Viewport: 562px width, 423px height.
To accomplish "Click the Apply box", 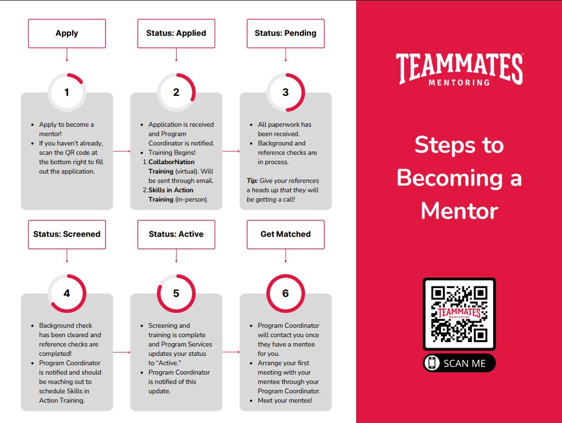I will (x=67, y=33).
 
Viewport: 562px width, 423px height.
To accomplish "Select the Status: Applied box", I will (x=176, y=33).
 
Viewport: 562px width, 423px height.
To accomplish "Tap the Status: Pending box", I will (x=285, y=33).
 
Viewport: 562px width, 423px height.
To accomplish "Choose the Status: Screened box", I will (x=67, y=234).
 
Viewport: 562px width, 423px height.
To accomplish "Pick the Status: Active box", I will (x=176, y=234).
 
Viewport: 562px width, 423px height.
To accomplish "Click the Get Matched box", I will (x=285, y=234).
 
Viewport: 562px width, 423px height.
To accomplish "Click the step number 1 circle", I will (x=67, y=92).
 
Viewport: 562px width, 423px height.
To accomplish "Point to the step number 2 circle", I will (x=176, y=92).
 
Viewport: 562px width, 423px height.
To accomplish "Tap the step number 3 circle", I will (x=285, y=92).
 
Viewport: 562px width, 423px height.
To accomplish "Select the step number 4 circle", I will (x=67, y=293).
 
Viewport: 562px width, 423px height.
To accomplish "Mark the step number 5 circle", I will (x=176, y=293).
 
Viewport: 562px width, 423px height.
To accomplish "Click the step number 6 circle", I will (x=285, y=293).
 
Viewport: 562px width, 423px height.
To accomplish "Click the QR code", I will (x=459, y=314).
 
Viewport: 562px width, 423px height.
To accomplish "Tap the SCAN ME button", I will (x=459, y=363).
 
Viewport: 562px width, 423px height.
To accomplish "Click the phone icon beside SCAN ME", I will (x=433, y=363).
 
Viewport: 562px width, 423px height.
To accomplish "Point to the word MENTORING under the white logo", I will (x=459, y=83).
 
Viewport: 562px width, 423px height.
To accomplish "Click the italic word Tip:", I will (x=252, y=181).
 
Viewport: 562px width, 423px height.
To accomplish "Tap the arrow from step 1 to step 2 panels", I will (x=122, y=151).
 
